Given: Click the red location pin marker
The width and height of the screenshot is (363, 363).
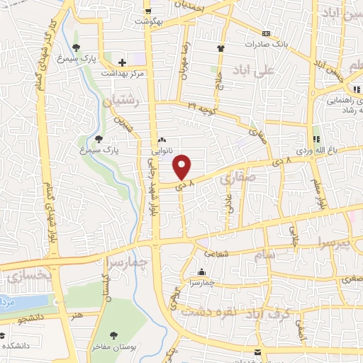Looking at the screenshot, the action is (x=183, y=167).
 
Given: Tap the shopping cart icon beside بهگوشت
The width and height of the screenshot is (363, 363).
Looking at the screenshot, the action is (x=147, y=11).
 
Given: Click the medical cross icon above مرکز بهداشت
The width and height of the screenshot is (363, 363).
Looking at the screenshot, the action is (x=123, y=63).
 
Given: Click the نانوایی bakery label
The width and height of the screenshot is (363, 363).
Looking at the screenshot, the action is (x=162, y=151).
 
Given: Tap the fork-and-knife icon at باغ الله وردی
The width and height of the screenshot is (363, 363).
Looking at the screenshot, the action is (x=316, y=139).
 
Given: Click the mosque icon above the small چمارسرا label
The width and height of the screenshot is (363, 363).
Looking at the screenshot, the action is (x=201, y=272).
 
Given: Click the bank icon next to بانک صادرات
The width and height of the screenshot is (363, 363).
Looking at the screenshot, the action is (x=267, y=33).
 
